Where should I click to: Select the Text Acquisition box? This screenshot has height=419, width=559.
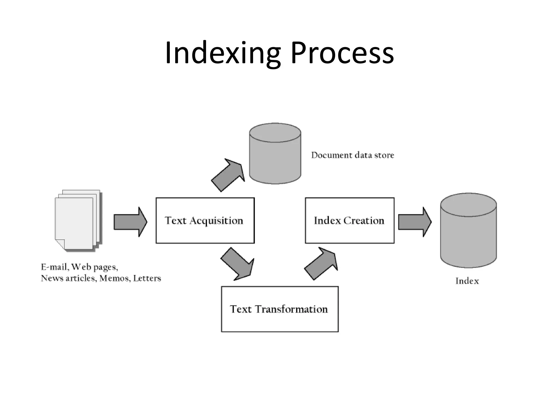pyautogui.click(x=205, y=220)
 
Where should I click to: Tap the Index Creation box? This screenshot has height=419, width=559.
pyautogui.click(x=349, y=220)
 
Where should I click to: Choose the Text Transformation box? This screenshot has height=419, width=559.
pyautogui.click(x=279, y=309)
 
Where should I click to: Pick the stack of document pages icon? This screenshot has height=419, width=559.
pyautogui.click(x=78, y=220)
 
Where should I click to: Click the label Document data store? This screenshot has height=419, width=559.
pyautogui.click(x=353, y=155)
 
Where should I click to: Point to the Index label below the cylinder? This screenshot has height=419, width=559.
pyautogui.click(x=467, y=281)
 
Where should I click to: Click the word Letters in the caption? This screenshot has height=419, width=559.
pyautogui.click(x=147, y=278)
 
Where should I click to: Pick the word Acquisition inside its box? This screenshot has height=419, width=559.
pyautogui.click(x=216, y=220)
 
